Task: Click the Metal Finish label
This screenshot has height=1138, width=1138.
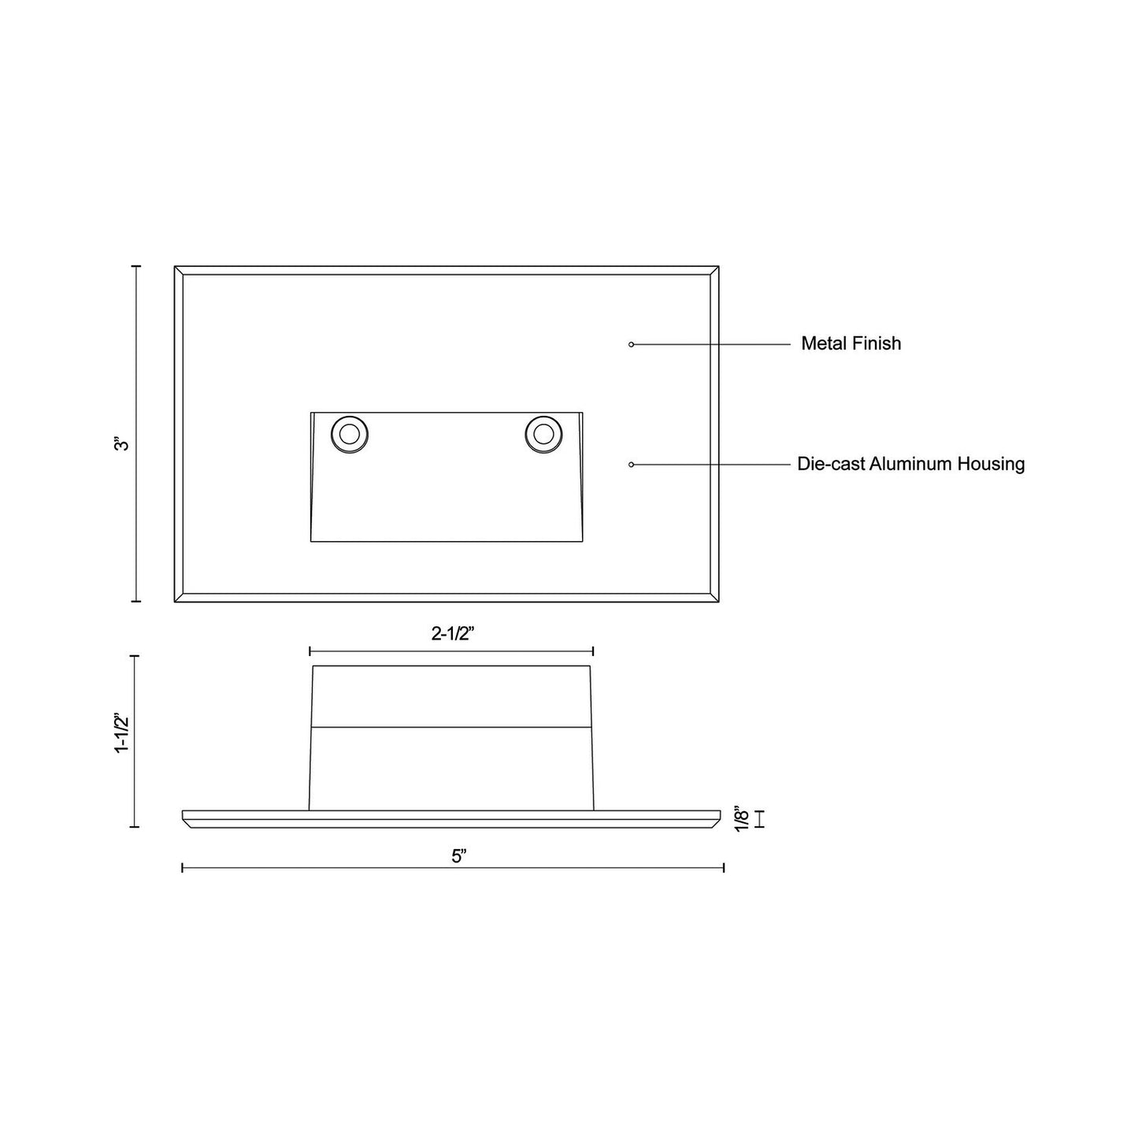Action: click(851, 343)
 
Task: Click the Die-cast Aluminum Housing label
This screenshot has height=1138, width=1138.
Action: click(910, 464)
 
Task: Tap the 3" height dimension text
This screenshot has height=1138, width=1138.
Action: click(121, 444)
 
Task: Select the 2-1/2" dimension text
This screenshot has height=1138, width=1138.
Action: click(453, 634)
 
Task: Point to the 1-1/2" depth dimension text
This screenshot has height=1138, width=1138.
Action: click(122, 733)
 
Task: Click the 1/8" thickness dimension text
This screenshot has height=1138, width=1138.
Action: click(742, 819)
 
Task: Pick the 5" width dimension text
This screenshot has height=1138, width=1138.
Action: click(459, 857)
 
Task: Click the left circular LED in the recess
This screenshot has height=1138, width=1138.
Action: click(350, 435)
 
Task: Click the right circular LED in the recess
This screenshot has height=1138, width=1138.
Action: click(543, 435)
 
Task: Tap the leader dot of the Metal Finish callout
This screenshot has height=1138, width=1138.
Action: click(632, 344)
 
